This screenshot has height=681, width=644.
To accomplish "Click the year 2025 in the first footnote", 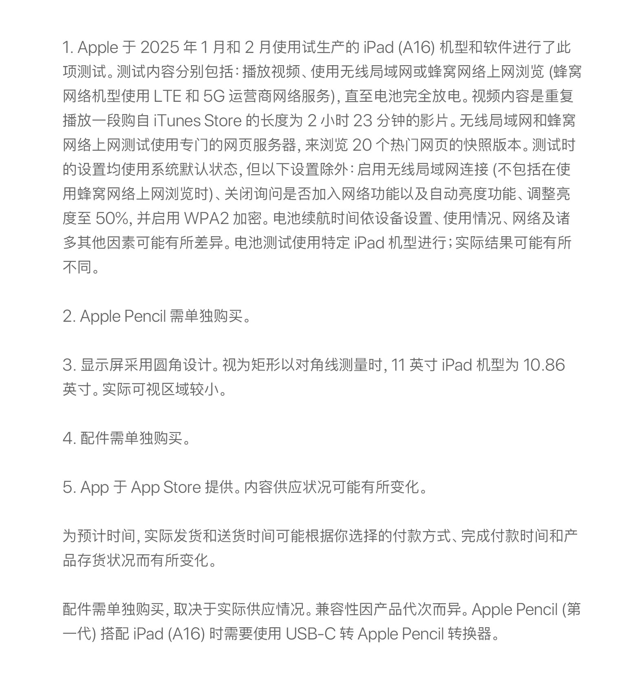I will pos(159,48).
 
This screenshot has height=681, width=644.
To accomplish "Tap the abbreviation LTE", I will pos(168,97).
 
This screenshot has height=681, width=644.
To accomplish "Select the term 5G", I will pos(214,97).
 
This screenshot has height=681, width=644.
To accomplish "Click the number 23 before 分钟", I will pos(362,121).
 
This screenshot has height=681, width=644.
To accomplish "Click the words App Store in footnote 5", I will pos(166,488).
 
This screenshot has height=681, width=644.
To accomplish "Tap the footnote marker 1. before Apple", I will pos(67,48).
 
